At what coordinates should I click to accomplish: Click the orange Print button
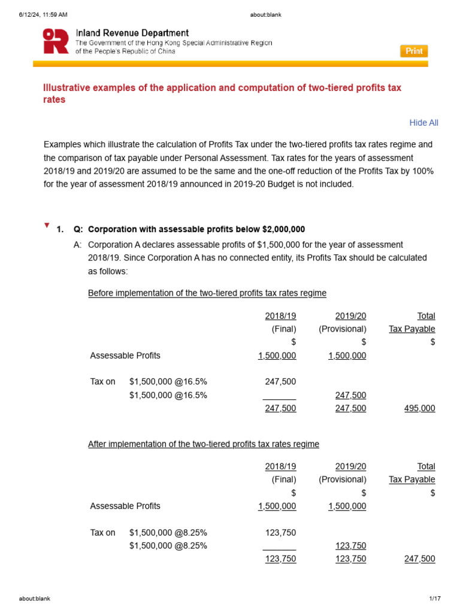414,51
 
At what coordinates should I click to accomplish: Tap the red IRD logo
56,41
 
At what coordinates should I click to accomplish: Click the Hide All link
423,123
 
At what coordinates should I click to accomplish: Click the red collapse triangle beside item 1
47,226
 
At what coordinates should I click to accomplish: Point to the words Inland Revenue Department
132,33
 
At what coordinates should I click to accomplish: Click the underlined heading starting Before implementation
207,293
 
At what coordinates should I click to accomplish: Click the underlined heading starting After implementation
203,444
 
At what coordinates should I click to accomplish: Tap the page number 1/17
435,599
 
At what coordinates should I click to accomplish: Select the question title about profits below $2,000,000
196,229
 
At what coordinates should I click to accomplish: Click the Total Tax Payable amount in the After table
419,559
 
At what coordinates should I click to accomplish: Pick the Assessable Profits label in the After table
125,506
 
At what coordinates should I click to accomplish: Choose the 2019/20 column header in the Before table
351,315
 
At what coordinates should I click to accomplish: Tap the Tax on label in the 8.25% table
102,532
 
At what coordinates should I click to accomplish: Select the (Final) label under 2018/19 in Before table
284,329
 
